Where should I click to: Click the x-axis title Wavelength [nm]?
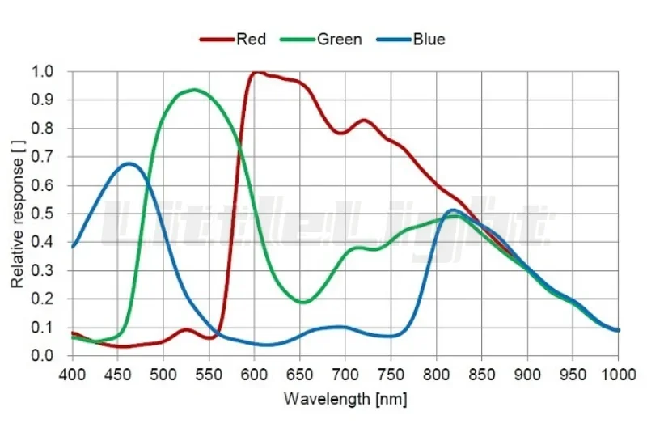pyautogui.click(x=345, y=399)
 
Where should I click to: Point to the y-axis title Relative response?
pyautogui.click(x=18, y=214)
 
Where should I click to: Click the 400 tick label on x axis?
pyautogui.click(x=72, y=375)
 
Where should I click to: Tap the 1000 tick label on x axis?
pyautogui.click(x=619, y=375)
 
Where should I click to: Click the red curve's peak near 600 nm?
pyautogui.click(x=256, y=72)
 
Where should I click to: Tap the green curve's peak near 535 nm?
pyautogui.click(x=195, y=90)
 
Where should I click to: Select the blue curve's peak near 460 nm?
pyautogui.click(x=129, y=163)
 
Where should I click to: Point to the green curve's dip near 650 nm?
pyautogui.click(x=302, y=302)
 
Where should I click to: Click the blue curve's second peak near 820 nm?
pyautogui.click(x=453, y=210)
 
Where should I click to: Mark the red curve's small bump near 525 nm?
pyautogui.click(x=187, y=329)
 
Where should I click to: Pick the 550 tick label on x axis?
pyautogui.click(x=209, y=375)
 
